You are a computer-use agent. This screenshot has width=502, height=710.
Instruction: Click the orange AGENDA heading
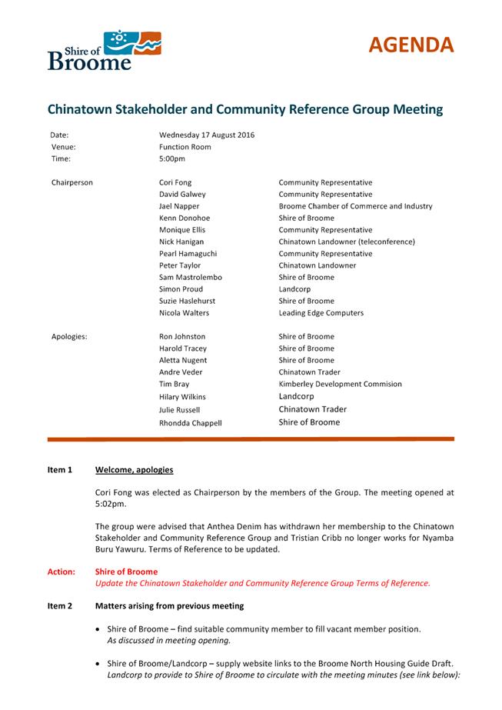click(x=410, y=45)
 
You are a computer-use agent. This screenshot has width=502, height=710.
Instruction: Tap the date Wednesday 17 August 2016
click(x=207, y=135)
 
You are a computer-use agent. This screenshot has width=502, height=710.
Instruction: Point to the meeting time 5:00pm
click(x=172, y=159)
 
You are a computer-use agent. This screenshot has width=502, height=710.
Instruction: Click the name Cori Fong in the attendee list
click(x=175, y=183)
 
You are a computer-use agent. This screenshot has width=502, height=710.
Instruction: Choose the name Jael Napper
click(x=179, y=206)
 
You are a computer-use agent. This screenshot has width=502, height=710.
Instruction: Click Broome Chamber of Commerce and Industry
click(x=355, y=206)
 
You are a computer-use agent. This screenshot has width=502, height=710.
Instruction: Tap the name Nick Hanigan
click(x=182, y=242)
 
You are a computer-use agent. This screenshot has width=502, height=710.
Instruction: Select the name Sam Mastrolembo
click(x=189, y=277)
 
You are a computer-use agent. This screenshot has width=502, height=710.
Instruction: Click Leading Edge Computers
click(x=321, y=313)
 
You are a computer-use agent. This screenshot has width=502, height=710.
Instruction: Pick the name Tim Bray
click(x=175, y=384)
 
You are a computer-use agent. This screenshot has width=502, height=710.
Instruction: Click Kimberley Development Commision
click(x=340, y=384)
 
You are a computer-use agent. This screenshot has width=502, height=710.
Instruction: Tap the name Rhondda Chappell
click(x=191, y=422)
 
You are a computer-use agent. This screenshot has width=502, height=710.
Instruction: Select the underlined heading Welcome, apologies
click(x=134, y=470)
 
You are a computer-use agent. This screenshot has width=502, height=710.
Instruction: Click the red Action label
click(x=62, y=572)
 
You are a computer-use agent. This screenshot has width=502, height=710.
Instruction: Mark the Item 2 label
click(x=60, y=606)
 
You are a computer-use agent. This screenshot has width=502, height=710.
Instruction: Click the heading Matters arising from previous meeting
click(x=169, y=606)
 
